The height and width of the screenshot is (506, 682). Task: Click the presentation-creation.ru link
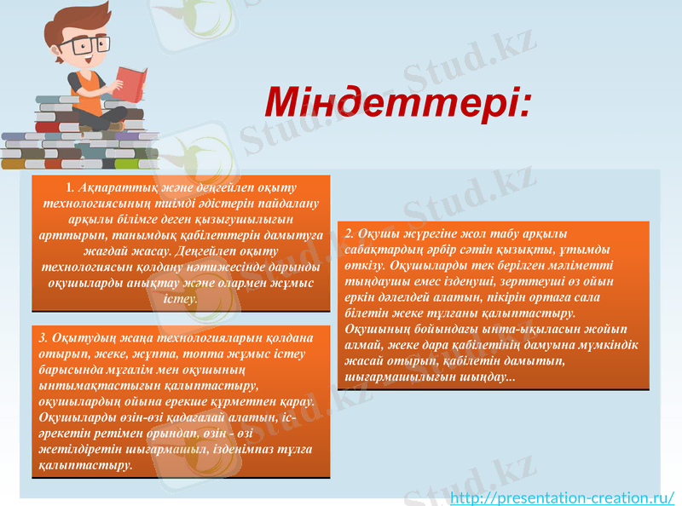coord(562,497)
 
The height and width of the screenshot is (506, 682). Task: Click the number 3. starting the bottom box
coord(44,338)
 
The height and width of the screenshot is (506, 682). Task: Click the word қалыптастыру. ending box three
coord(86,466)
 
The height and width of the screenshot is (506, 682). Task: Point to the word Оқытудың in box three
coord(83,338)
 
